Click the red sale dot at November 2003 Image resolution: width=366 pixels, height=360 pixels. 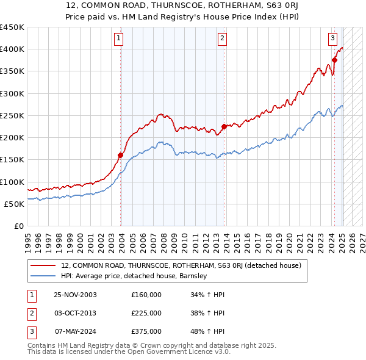coord(121,155)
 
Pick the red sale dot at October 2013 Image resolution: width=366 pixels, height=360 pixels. coord(224,126)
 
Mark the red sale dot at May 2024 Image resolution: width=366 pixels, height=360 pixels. coord(334,60)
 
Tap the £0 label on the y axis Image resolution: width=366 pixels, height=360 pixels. coord(19,226)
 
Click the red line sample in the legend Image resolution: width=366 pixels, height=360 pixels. coord(43,265)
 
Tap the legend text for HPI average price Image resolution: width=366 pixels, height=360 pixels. coord(134,276)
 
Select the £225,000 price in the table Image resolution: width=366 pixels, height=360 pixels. coord(146,313)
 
